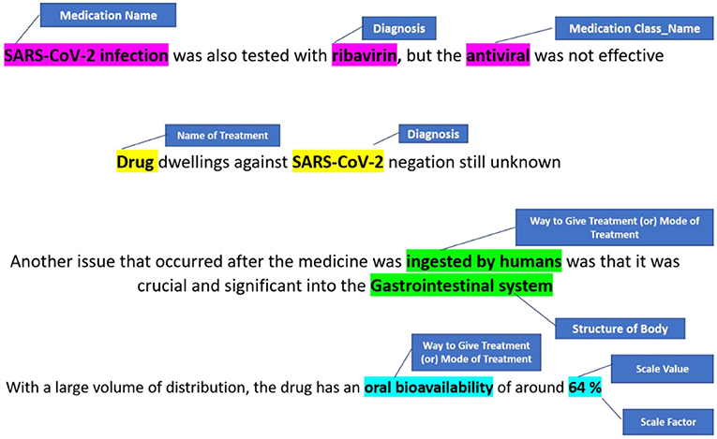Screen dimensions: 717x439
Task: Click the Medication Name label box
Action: [x=109, y=15]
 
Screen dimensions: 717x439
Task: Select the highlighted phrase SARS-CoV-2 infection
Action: [x=86, y=55]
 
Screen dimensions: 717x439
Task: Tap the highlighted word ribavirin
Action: [x=365, y=55]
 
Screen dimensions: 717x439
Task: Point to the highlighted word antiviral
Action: [x=498, y=55]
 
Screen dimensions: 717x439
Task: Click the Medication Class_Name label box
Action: [x=635, y=28]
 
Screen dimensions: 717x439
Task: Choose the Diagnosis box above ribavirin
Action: [x=398, y=28]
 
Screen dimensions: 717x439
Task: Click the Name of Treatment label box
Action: [x=223, y=135]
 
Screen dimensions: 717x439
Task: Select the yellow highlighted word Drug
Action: [x=137, y=162]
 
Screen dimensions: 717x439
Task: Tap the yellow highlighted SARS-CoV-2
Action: [x=338, y=162]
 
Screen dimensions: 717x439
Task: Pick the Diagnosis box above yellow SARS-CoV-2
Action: [x=434, y=134]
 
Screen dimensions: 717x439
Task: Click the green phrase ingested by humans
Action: [x=484, y=261]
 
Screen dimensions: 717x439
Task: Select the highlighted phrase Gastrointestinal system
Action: [x=461, y=286]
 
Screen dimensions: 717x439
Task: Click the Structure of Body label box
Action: [x=620, y=329]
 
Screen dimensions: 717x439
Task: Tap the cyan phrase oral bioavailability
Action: [x=428, y=388]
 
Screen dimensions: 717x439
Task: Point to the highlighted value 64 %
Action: [x=585, y=388]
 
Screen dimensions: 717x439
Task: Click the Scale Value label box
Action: [x=662, y=369]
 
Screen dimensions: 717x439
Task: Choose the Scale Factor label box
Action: [x=668, y=421]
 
